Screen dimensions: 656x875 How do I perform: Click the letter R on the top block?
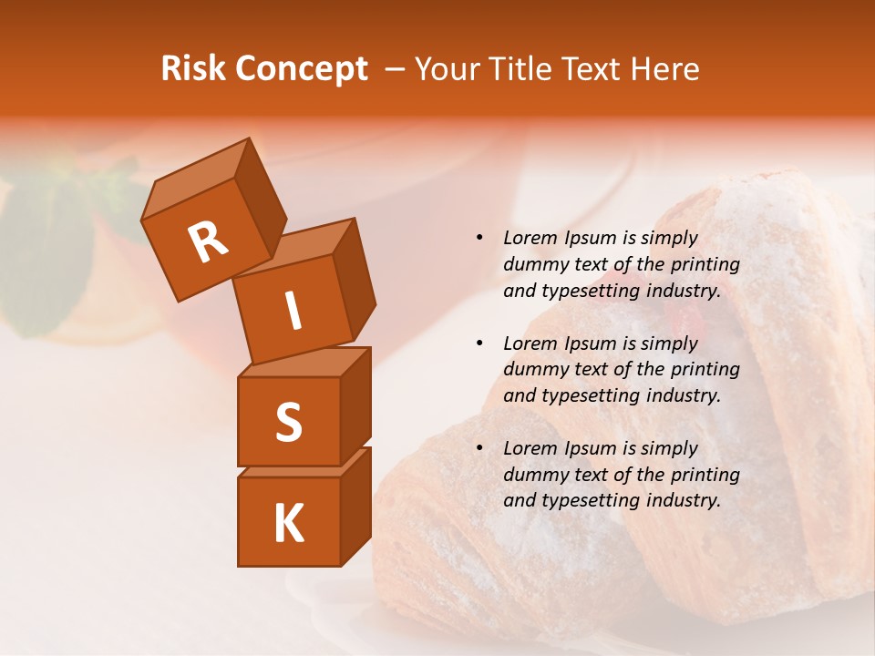pyautogui.click(x=208, y=242)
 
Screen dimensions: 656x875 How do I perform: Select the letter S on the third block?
pyautogui.click(x=288, y=422)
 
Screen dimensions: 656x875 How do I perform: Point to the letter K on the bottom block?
pyautogui.click(x=288, y=524)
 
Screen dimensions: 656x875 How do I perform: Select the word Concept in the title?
pyautogui.click(x=301, y=69)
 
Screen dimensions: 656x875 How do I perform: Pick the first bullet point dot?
pyautogui.click(x=479, y=239)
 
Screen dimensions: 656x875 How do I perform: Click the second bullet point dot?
pyautogui.click(x=479, y=343)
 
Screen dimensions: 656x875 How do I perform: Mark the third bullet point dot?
pyautogui.click(x=479, y=448)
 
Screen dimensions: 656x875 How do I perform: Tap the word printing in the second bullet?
pyautogui.click(x=705, y=370)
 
